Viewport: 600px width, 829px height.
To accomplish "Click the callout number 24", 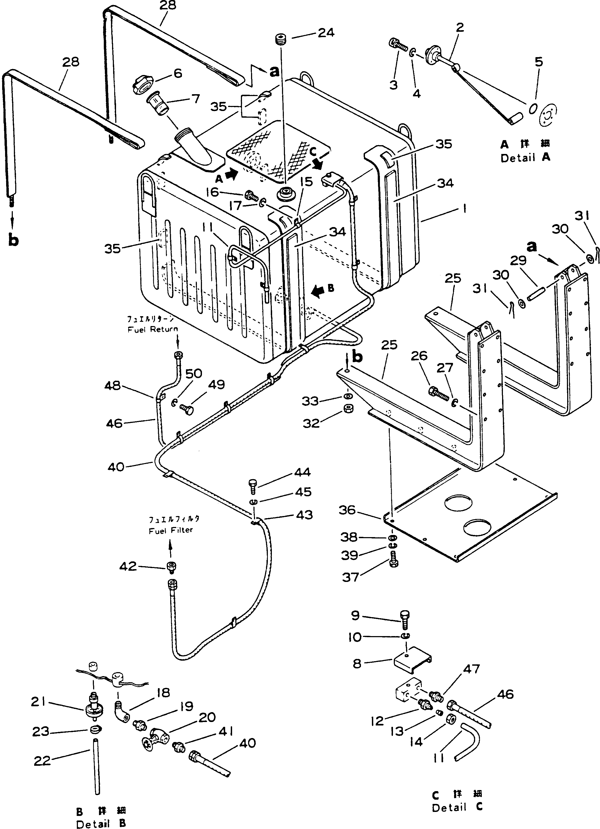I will tap(326, 33).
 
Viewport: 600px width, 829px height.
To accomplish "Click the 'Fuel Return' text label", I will tap(153, 329).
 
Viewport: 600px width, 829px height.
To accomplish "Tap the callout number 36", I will tap(347, 510).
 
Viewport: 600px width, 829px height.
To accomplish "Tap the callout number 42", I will tap(128, 566).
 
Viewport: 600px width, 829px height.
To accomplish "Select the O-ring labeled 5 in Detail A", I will tap(533, 109).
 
